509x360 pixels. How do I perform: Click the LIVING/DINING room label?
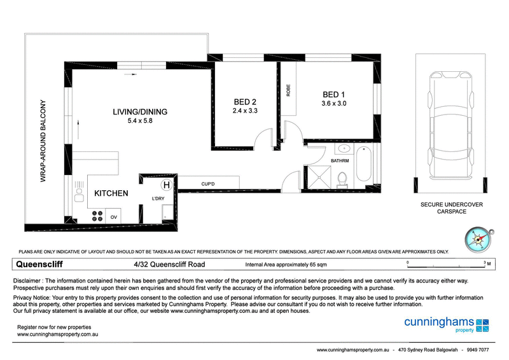[139, 112]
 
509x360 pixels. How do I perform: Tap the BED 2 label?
[245, 101]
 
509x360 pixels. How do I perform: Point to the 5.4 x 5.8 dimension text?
[139, 121]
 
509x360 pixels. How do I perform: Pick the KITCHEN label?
[112, 193]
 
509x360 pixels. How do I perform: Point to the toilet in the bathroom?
[342, 179]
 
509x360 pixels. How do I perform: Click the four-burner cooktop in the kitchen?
[97, 216]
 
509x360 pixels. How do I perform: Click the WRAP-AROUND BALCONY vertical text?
[44, 141]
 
